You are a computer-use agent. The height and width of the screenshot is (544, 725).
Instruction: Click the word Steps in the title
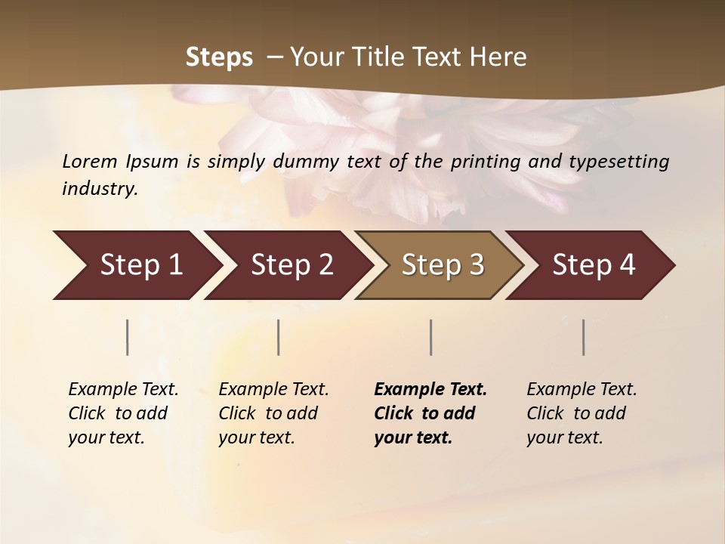click(x=219, y=57)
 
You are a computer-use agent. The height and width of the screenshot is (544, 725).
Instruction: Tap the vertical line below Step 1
click(x=127, y=337)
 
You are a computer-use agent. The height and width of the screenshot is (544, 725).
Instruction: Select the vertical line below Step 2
click(x=279, y=337)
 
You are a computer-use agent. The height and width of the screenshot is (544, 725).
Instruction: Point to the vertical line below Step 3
click(x=430, y=337)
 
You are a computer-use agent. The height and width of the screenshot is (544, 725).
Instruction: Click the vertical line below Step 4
click(x=583, y=337)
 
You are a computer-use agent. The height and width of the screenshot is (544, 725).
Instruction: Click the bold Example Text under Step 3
click(x=430, y=390)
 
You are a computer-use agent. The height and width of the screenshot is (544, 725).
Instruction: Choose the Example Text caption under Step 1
click(x=123, y=390)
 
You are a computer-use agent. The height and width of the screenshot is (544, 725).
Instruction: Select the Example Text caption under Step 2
click(x=273, y=390)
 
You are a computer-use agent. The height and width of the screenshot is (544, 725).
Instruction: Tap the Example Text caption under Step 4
click(x=582, y=390)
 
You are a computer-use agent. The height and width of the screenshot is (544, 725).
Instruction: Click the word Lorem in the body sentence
click(x=90, y=161)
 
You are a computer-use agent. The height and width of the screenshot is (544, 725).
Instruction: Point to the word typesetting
click(x=619, y=162)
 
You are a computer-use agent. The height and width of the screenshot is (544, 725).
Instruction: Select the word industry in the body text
click(x=99, y=189)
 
